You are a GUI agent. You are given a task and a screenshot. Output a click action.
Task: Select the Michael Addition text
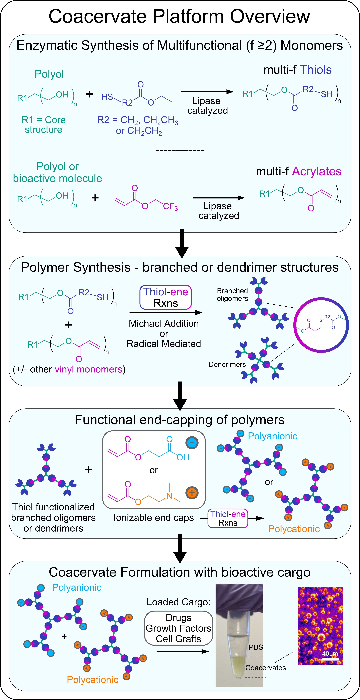coord(164,323)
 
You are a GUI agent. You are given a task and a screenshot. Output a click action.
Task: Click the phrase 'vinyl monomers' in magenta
coord(88,369)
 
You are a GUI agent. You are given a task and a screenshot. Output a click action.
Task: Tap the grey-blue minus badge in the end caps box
coord(192,443)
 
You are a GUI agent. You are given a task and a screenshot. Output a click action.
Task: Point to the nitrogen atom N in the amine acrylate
coord(169,496)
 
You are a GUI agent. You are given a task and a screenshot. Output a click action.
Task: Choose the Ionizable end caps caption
coord(154,518)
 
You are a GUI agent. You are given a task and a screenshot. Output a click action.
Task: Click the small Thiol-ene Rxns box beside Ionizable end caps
coord(228,518)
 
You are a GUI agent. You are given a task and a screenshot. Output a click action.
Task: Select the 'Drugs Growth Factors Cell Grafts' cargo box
coord(178,628)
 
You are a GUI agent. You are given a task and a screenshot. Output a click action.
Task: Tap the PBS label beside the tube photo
coord(256,647)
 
